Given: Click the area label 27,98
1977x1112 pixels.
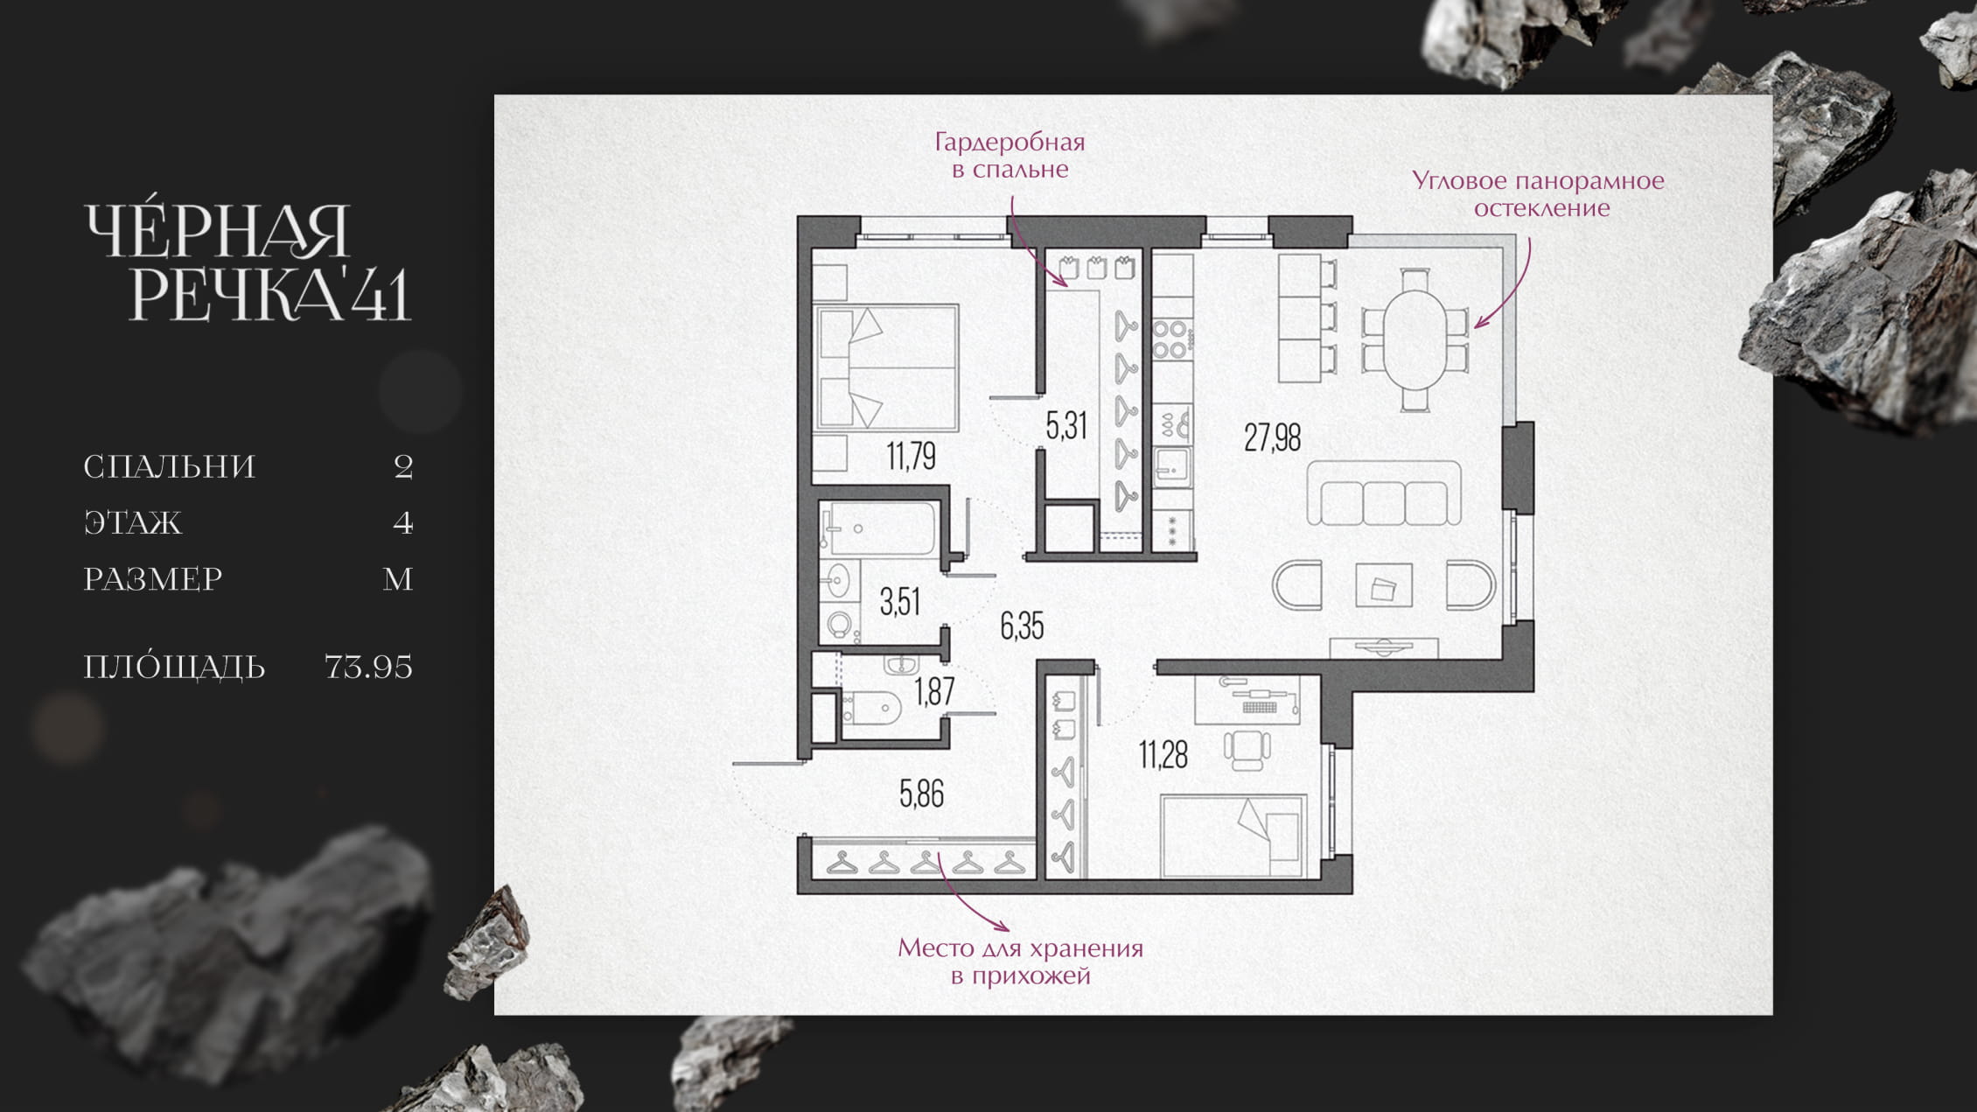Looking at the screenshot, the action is tap(1272, 437).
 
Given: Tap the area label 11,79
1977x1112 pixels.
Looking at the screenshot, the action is tap(911, 456).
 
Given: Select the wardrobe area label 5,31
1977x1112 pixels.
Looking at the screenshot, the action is tap(1066, 425).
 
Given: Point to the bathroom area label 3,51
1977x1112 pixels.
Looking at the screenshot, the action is tap(899, 602).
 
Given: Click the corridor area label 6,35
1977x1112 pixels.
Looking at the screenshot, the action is tap(1022, 626).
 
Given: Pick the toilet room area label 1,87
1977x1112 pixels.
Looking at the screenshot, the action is tap(934, 692).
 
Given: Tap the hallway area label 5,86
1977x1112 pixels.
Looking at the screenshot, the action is tap(922, 794).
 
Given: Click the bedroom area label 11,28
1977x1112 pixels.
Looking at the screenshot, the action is tap(1163, 754).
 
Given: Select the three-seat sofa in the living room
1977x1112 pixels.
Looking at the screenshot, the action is tap(1384, 493).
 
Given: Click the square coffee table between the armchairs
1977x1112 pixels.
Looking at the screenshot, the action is tap(1383, 585).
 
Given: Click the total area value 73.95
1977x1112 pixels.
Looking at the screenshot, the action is tap(368, 667).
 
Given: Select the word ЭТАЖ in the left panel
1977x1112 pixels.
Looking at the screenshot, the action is tap(133, 522).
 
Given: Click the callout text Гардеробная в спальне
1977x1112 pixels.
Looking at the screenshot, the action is tap(1010, 155).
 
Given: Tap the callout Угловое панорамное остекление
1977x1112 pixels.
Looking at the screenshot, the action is tap(1539, 194).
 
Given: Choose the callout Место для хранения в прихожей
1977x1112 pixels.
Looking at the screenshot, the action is tap(1021, 962).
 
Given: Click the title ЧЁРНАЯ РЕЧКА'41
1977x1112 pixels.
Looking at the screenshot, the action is tap(248, 262).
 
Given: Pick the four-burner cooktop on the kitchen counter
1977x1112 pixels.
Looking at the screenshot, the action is tap(1171, 340).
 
